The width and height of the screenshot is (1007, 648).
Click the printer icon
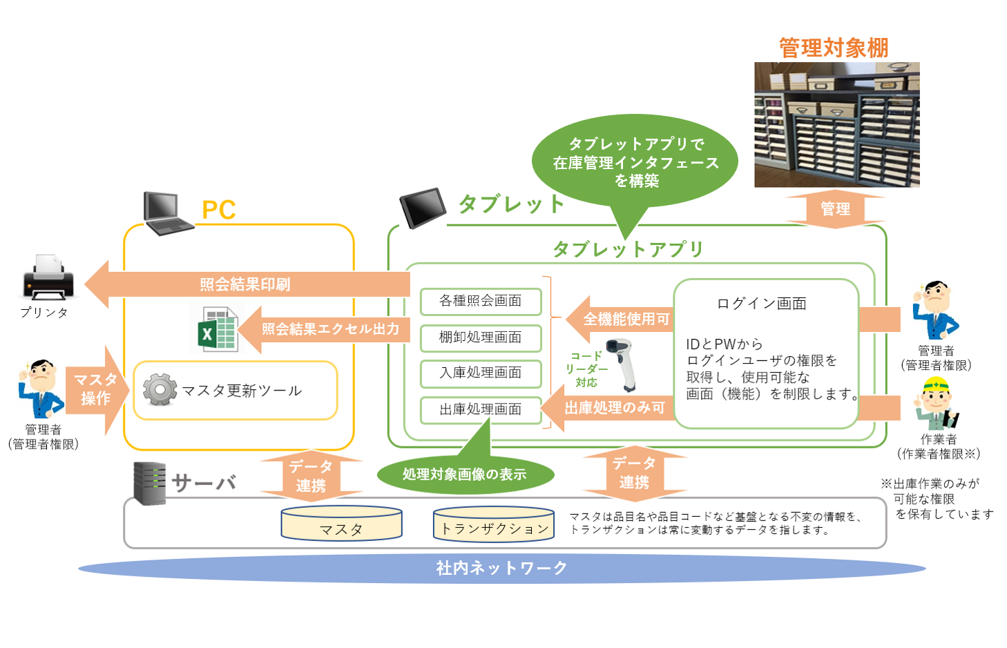pos(48,277)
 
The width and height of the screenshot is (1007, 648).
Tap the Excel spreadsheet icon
pos(218,328)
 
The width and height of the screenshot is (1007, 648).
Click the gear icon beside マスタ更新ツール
pos(160,389)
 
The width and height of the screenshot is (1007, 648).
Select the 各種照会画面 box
pos(481,302)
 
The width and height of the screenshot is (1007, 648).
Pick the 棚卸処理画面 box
pos(481,337)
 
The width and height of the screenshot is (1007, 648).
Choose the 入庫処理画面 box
pos(481,373)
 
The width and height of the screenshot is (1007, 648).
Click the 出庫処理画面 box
pos(481,410)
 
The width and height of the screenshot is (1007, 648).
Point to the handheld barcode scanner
pos(622,364)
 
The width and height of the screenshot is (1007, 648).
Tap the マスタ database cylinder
pos(341,523)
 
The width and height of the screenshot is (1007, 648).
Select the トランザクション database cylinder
pos(494,523)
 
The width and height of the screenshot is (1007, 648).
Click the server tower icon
pos(150,483)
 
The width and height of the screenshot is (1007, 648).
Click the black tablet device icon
pos(423,208)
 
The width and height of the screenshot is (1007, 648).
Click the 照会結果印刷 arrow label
pos(245,284)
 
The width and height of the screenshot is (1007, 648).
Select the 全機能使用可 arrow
pos(620,320)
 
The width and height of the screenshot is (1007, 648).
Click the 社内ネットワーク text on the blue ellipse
pos(501,568)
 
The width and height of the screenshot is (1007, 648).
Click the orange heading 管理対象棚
pos(834,48)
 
